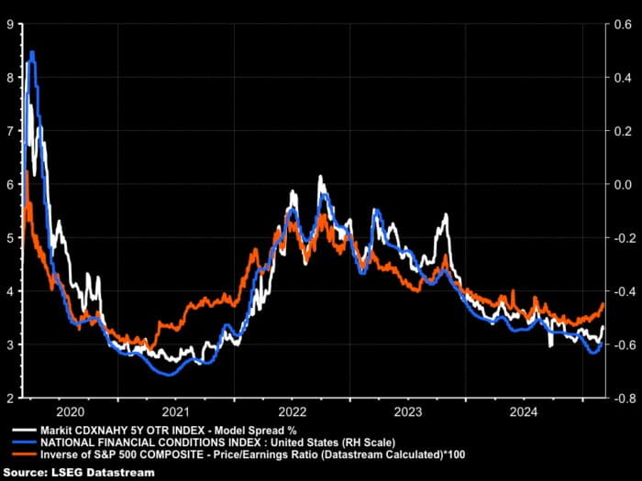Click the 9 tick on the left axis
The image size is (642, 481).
tap(9, 25)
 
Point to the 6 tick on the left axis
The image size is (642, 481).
tap(9, 184)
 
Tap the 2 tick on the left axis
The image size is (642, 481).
tap(9, 398)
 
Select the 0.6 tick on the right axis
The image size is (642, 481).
tap(620, 25)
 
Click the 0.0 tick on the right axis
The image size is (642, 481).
tap(620, 184)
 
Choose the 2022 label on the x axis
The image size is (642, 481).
tap(292, 411)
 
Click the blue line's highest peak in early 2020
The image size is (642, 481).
tap(33, 53)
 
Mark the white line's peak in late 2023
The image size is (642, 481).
tap(446, 214)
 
